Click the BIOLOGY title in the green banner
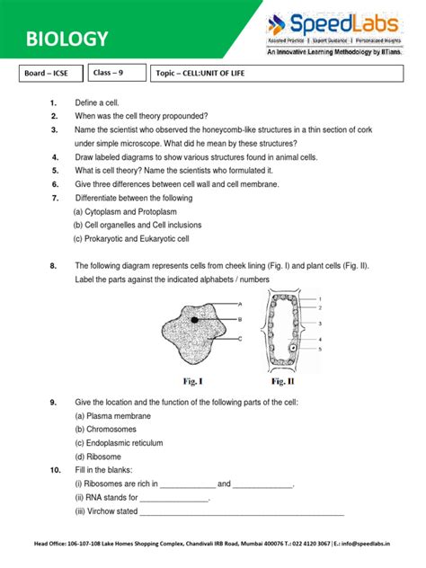(67, 40)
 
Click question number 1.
(53, 103)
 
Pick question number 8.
(54, 266)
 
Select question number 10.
(55, 470)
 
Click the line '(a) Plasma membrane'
(112, 416)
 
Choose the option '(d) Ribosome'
(101, 457)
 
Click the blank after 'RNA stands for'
(174, 498)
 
